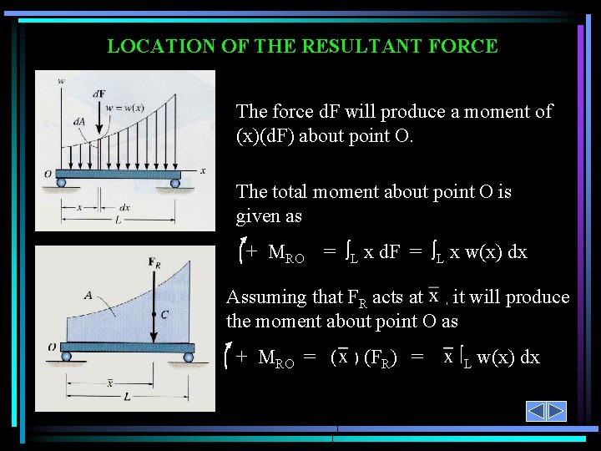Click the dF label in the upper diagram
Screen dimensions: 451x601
[99, 94]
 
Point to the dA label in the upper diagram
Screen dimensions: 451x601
[79, 121]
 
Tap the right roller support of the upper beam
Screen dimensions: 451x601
[175, 183]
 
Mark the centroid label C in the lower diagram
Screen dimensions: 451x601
[165, 315]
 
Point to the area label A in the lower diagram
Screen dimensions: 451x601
[88, 295]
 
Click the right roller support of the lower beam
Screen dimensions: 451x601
[189, 357]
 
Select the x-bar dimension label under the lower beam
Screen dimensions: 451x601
[109, 383]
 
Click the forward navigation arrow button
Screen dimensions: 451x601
[557, 412]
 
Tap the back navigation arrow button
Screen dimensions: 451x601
[536, 412]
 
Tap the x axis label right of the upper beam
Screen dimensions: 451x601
[202, 170]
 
